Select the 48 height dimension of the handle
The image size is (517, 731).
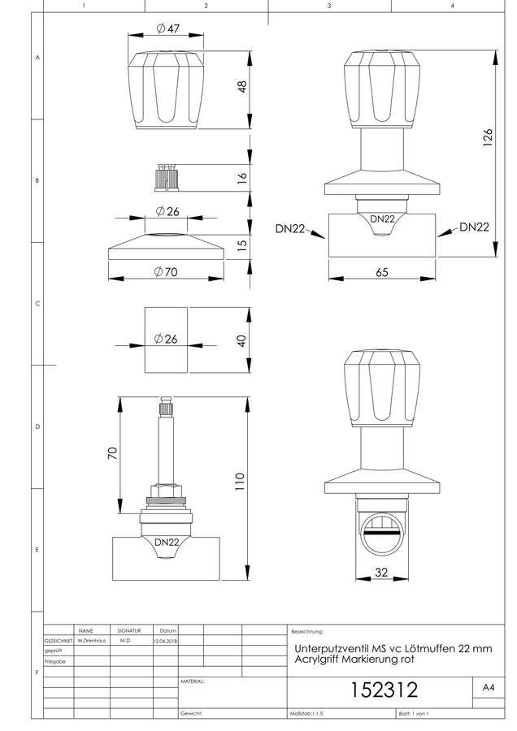[242, 87]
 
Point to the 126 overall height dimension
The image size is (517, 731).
[488, 138]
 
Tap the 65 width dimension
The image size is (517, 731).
[382, 272]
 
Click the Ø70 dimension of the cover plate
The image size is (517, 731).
[166, 272]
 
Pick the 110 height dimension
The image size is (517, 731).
[239, 482]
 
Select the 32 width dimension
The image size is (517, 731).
[381, 572]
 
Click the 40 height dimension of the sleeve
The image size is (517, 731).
[241, 340]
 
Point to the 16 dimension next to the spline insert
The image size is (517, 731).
[241, 178]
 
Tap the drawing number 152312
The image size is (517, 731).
[384, 690]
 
